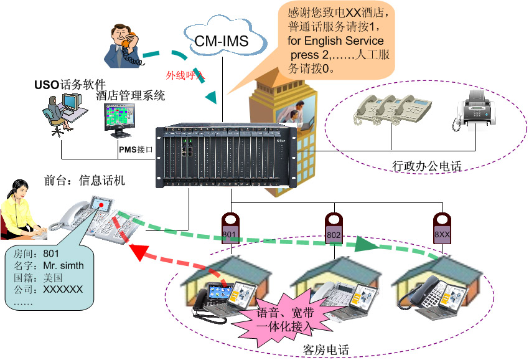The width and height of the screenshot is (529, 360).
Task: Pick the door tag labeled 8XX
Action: (x=442, y=229)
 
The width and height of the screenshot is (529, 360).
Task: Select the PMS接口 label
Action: (x=136, y=149)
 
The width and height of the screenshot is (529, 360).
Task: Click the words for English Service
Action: (x=335, y=41)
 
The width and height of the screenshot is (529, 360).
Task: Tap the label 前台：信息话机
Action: (x=85, y=181)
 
